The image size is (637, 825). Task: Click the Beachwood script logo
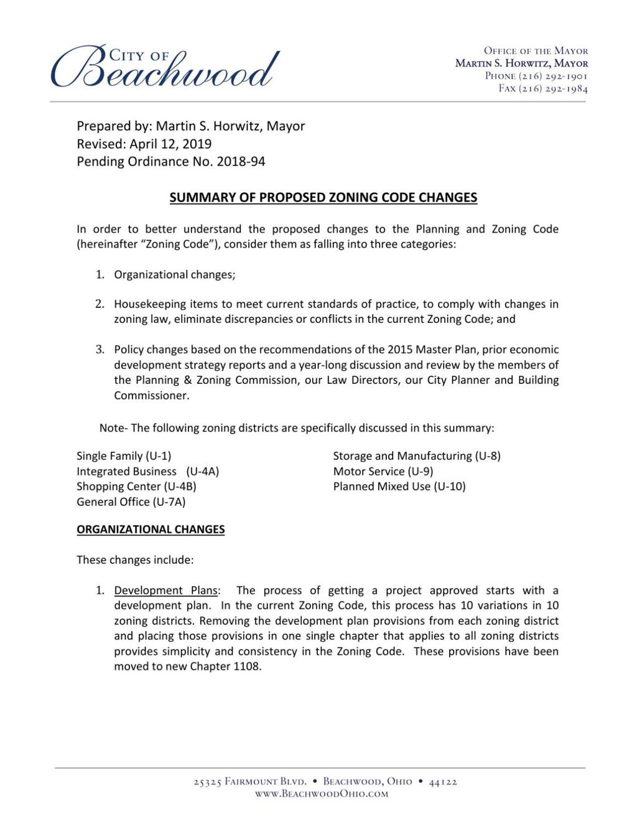click(165, 67)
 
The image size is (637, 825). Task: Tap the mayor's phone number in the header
click(536, 76)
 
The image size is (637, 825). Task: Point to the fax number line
click(543, 88)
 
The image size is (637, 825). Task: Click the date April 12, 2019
click(170, 144)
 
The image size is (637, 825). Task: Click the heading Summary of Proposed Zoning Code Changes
click(323, 198)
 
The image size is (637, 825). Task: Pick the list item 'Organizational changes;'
click(174, 274)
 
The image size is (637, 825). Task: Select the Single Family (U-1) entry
click(124, 456)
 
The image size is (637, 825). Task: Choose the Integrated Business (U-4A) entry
click(147, 472)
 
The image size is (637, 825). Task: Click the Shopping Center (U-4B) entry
click(136, 487)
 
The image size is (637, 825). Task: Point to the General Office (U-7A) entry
click(131, 502)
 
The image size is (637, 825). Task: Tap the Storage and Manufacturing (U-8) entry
click(417, 456)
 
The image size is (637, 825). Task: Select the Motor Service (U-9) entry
click(383, 472)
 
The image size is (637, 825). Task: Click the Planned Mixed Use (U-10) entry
click(399, 487)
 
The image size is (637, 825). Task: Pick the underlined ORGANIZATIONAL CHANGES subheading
click(151, 529)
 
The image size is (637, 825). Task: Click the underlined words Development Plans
click(166, 590)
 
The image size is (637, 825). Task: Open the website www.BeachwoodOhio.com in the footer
click(322, 794)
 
